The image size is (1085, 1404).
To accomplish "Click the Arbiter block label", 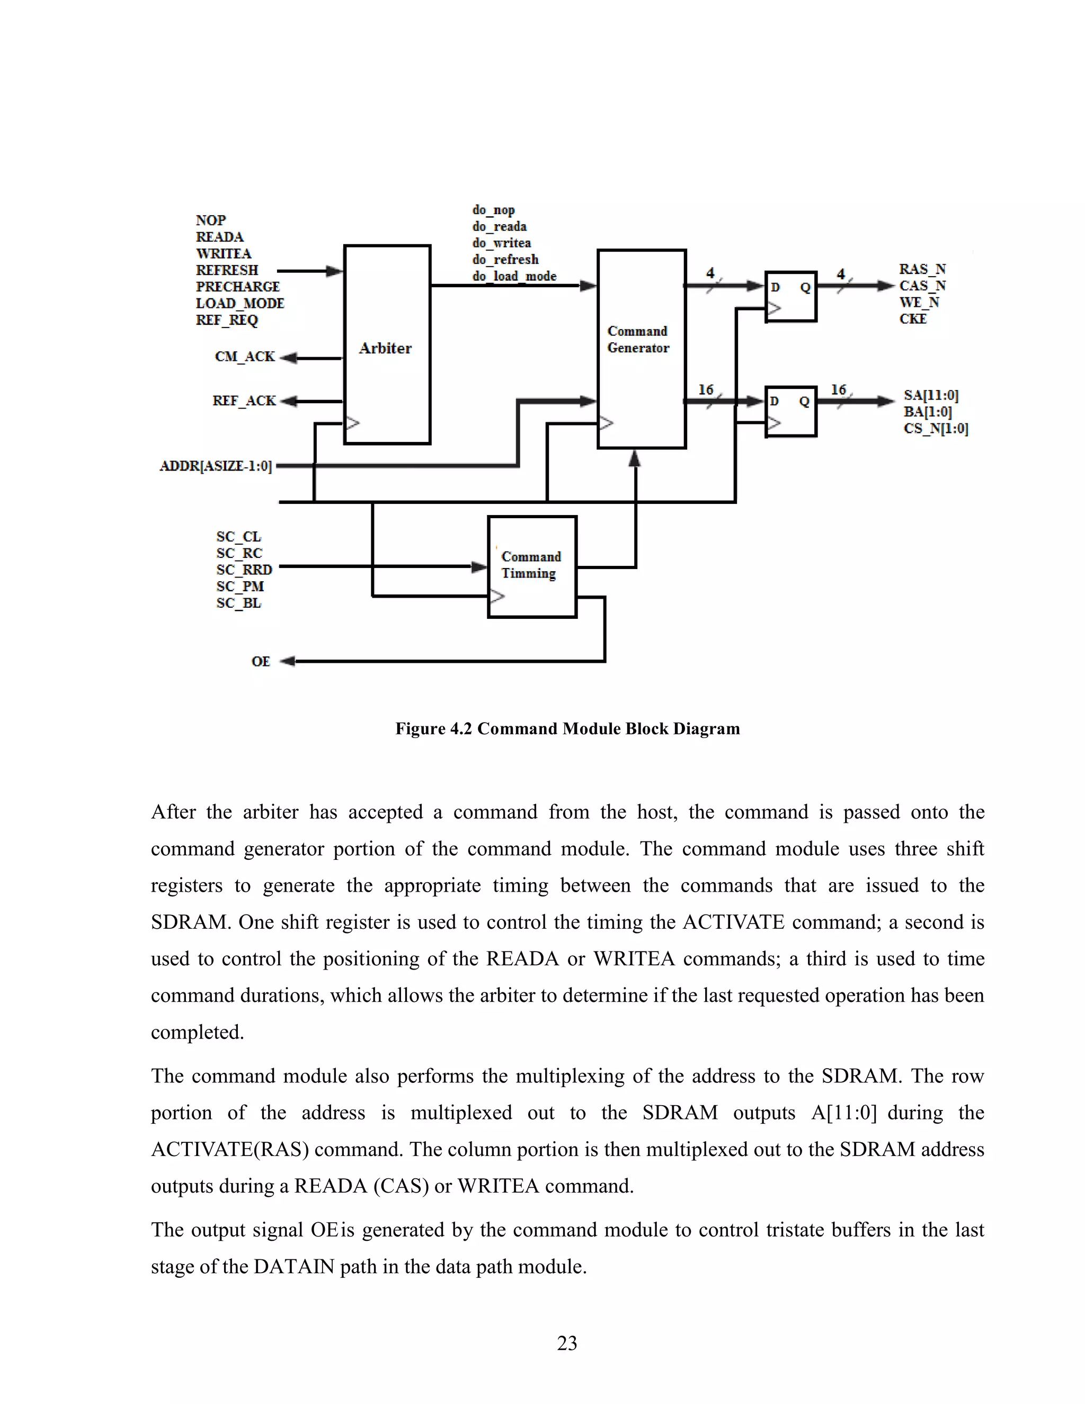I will point(385,349).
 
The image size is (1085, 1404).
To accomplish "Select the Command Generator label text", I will point(638,340).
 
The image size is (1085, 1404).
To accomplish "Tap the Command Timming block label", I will point(531,565).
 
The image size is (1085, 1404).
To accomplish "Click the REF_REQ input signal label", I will point(227,320).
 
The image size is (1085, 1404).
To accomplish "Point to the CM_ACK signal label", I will point(244,357).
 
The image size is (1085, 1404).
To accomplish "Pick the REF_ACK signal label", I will point(244,401).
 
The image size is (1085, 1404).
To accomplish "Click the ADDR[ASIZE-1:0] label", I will point(216,466).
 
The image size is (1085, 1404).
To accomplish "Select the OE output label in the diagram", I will point(260,662).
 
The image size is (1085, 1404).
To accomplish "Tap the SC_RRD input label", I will point(244,570).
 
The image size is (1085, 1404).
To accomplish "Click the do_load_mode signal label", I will point(514,277).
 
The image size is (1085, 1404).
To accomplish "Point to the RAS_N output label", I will point(922,269).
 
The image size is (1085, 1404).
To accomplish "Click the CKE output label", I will point(913,319).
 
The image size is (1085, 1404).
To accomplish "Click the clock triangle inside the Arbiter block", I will point(352,423).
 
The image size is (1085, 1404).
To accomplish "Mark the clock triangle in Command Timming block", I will point(497,597).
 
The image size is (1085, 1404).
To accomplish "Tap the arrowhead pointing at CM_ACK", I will point(289,358).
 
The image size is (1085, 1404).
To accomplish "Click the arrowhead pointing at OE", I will point(288,661).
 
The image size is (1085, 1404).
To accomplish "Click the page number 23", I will point(567,1343).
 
